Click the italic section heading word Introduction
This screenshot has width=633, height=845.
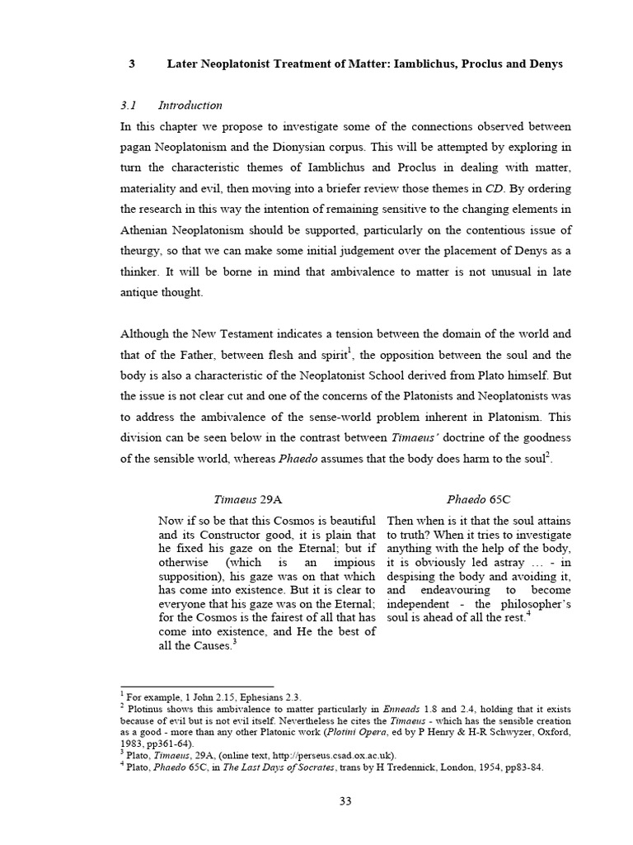click(x=190, y=105)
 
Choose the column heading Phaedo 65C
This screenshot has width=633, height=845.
click(x=478, y=499)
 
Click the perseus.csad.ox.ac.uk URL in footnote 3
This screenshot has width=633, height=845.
click(x=327, y=754)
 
